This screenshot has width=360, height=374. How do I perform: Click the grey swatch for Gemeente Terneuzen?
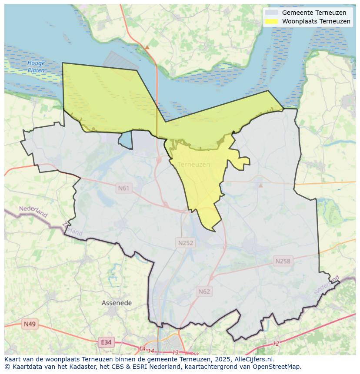pyautogui.click(x=271, y=13)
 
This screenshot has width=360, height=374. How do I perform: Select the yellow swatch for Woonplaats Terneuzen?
pyautogui.click(x=271, y=21)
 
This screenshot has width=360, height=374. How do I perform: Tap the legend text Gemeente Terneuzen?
pyautogui.click(x=314, y=13)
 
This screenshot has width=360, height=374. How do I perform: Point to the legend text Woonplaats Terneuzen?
pyautogui.click(x=316, y=21)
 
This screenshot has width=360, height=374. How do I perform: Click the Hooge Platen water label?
pyautogui.click(x=36, y=66)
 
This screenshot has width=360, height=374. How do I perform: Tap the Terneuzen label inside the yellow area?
pyautogui.click(x=194, y=165)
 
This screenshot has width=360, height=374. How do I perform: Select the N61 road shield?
pyautogui.click(x=123, y=188)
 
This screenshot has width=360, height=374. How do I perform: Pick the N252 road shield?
pyautogui.click(x=185, y=243)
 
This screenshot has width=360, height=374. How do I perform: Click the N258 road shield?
pyautogui.click(x=283, y=261)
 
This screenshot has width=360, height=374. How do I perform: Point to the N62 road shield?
pyautogui.click(x=204, y=291)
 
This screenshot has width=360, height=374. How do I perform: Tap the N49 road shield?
pyautogui.click(x=30, y=324)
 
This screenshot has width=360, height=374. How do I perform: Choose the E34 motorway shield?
pyautogui.click(x=106, y=342)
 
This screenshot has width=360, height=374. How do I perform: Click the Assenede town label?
pyautogui.click(x=117, y=303)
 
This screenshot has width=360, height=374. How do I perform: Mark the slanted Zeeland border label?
pyautogui.click(x=72, y=229)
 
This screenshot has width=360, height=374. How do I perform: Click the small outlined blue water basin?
pyautogui.click(x=125, y=140)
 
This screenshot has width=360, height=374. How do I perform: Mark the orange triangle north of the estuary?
pyautogui.click(x=147, y=47)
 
